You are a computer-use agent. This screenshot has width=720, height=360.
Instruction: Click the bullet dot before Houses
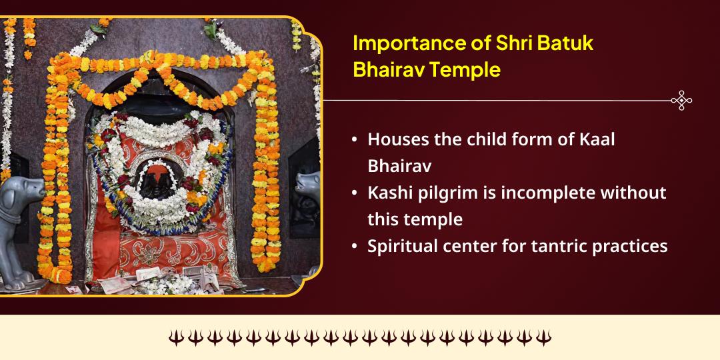pos(355,141)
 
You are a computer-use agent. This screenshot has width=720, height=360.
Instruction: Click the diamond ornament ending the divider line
pos(681,101)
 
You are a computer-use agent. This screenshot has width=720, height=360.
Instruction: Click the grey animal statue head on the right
pos(307,183)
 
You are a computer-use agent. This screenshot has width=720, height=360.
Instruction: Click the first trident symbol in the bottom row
pos(175,337)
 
